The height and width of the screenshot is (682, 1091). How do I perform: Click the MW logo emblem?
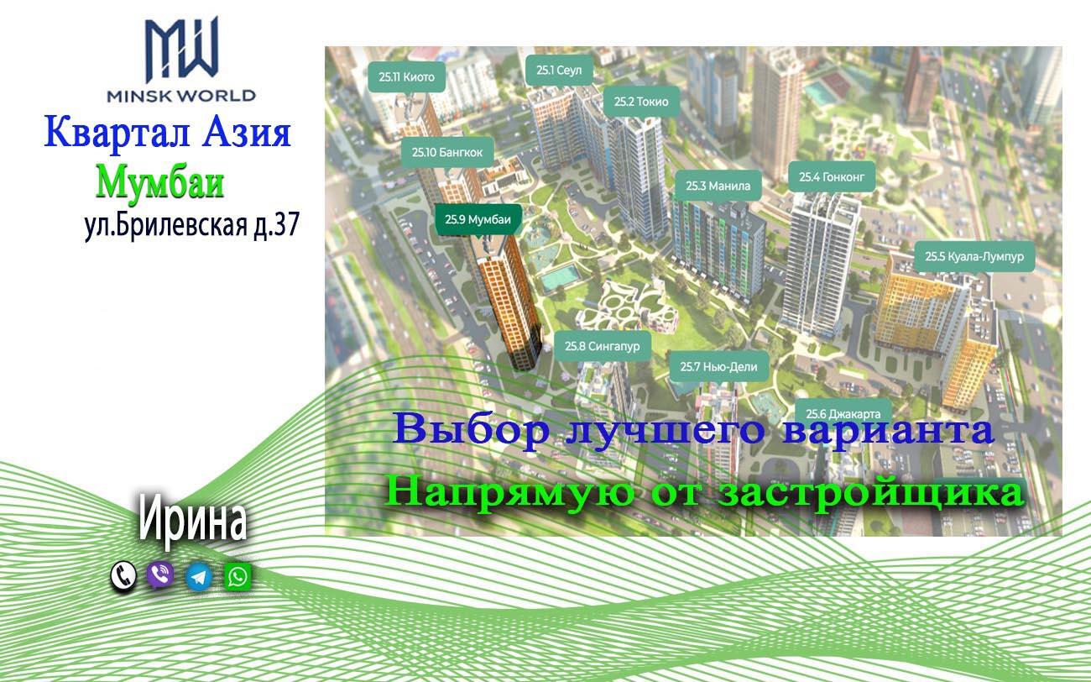[x=181, y=50]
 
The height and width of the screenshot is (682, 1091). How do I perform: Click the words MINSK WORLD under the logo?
[x=181, y=95]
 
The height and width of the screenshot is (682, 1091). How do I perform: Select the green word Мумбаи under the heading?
[x=160, y=183]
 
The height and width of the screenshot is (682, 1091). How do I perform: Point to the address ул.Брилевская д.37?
[x=191, y=225]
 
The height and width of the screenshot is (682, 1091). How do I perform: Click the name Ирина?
[x=192, y=522]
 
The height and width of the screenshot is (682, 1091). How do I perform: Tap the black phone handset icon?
[x=123, y=575]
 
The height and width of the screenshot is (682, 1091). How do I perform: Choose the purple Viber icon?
[x=160, y=575]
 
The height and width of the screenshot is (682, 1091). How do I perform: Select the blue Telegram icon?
[x=199, y=577]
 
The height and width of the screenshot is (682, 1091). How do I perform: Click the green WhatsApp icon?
[x=238, y=576]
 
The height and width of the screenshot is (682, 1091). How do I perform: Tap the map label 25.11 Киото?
[x=407, y=76]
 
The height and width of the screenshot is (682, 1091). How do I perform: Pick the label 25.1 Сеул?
[x=559, y=71]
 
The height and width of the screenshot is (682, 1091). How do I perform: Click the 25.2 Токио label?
[x=641, y=102]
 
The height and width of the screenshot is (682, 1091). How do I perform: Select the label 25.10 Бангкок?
[x=447, y=152]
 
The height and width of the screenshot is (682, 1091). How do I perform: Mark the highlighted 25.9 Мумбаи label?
[x=478, y=220]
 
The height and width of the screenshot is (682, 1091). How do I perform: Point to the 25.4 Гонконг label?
[x=832, y=177]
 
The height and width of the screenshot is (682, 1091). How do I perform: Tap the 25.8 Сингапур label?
[x=603, y=347]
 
